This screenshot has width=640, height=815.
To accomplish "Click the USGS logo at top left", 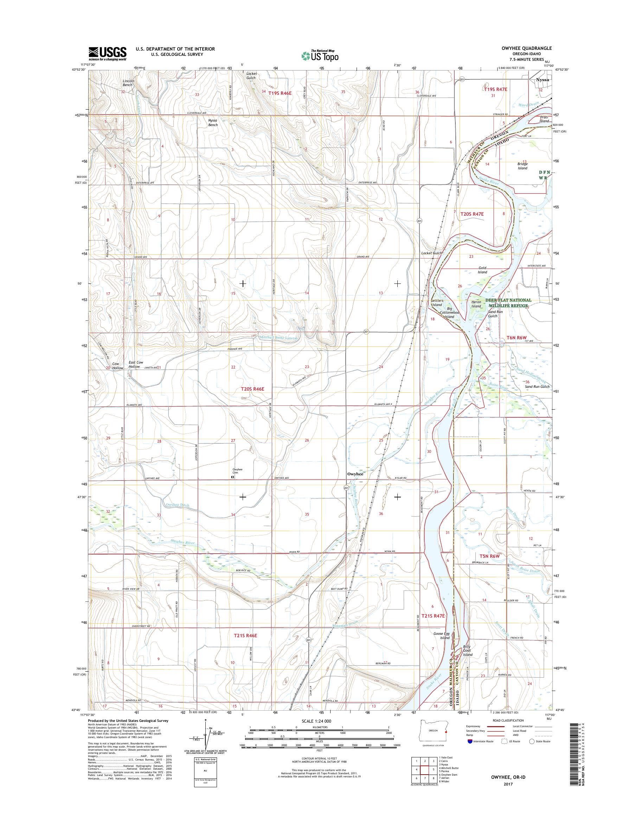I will click(107, 54).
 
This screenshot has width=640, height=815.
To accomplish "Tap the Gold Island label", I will click(482, 270).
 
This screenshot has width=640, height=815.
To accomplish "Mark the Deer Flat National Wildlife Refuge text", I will click(508, 302).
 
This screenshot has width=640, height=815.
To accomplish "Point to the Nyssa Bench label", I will click(213, 122).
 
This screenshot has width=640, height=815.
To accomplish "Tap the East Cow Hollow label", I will click(136, 364).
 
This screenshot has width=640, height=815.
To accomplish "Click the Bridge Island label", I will click(522, 166).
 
